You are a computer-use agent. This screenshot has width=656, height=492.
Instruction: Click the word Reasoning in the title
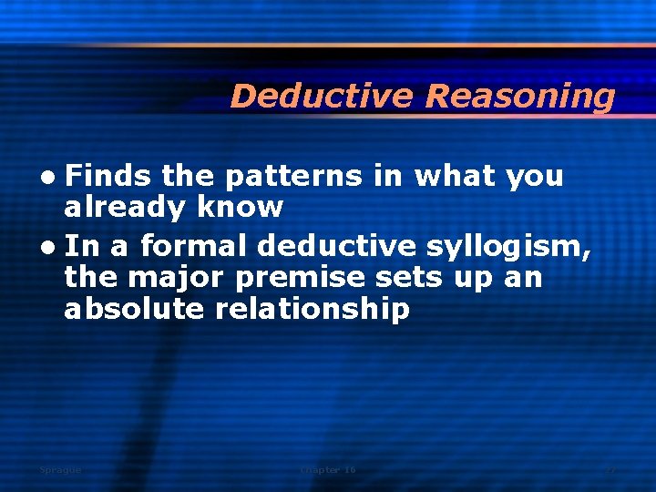click(x=520, y=97)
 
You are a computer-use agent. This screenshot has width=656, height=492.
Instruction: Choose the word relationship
click(x=313, y=310)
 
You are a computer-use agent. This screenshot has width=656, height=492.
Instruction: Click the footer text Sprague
click(x=60, y=469)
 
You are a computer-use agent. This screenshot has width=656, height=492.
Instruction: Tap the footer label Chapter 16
click(x=328, y=469)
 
